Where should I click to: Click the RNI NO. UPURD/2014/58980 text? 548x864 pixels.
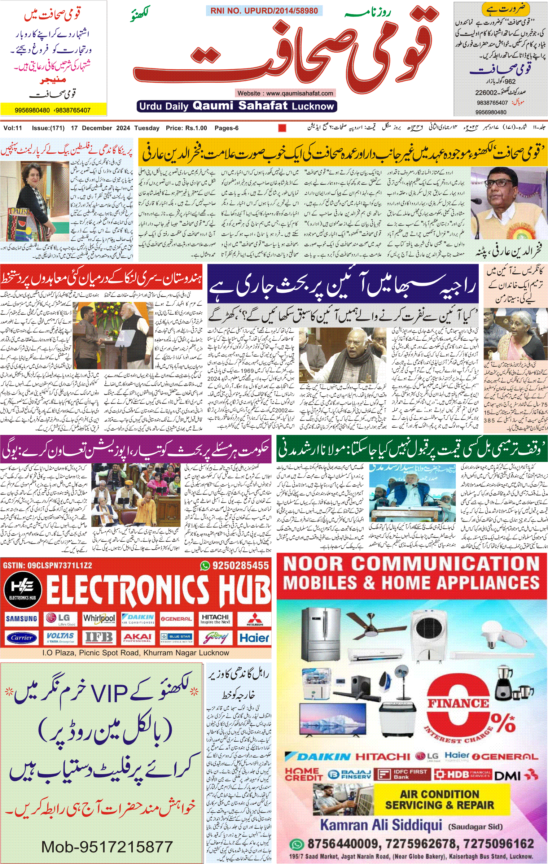[x=264, y=11]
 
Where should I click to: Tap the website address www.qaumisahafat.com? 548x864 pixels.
[x=285, y=93]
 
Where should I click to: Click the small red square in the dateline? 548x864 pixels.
[x=282, y=128]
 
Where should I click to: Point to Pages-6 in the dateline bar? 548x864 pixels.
[x=226, y=128]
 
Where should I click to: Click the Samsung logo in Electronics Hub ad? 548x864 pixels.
[x=21, y=619]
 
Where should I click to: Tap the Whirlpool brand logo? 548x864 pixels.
[x=99, y=619]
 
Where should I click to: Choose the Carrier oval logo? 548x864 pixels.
[x=21, y=638]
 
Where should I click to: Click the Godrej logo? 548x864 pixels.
[x=215, y=638]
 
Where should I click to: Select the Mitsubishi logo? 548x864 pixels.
[x=254, y=619]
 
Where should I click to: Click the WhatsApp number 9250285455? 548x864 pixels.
[x=240, y=566]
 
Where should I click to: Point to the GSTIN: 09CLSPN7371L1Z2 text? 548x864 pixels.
[x=47, y=566]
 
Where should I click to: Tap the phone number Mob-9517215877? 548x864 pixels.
[x=107, y=847]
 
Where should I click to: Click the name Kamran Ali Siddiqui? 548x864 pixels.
[x=381, y=825]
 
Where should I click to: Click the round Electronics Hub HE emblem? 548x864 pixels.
[x=23, y=590]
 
